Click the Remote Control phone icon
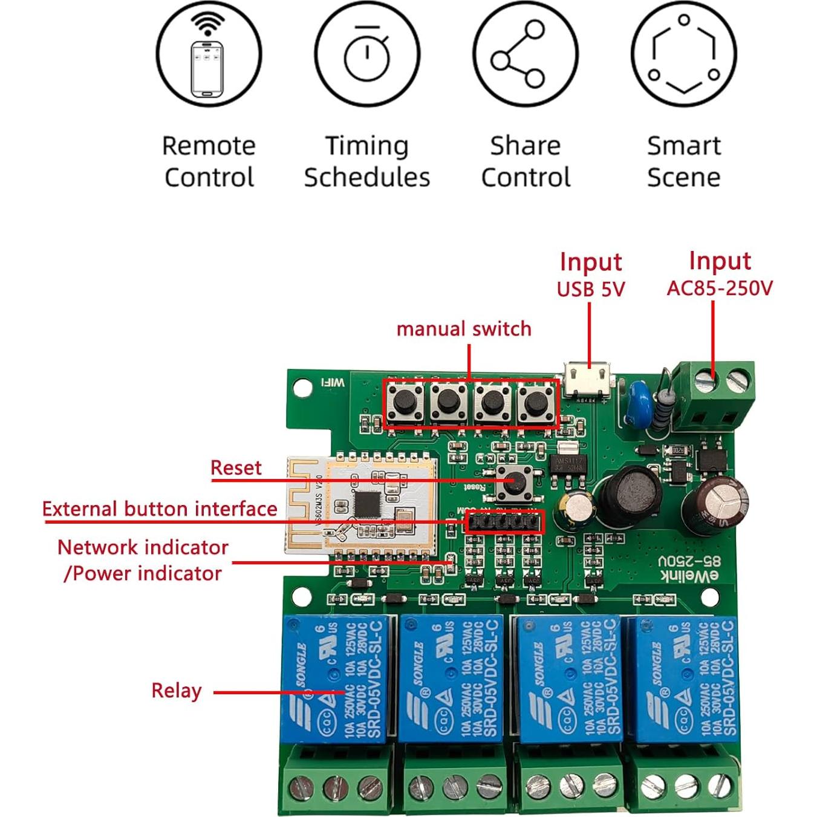tap(208, 55)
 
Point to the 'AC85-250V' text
tap(720, 288)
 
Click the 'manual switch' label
tap(464, 329)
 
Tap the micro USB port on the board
tap(587, 379)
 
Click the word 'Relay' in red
tap(176, 691)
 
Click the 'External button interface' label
tap(160, 509)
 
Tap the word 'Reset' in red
tap(236, 467)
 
